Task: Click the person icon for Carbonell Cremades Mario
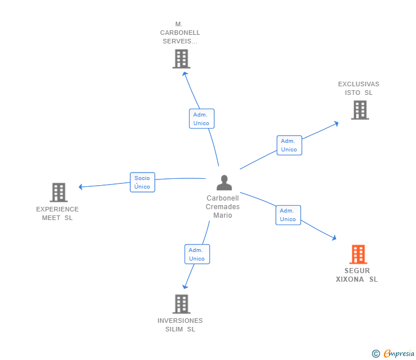pyautogui.click(x=224, y=183)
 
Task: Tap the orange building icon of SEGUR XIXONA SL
pyautogui.click(x=358, y=254)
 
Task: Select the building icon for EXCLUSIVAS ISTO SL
pyautogui.click(x=359, y=110)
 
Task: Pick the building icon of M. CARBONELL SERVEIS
pyautogui.click(x=181, y=59)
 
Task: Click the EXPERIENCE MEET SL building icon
pyautogui.click(x=58, y=193)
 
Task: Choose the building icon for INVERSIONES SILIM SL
pyautogui.click(x=181, y=304)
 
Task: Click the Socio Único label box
pyautogui.click(x=142, y=182)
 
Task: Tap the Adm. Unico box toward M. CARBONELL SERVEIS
pyautogui.click(x=201, y=119)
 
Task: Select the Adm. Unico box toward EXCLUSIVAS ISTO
pyautogui.click(x=289, y=145)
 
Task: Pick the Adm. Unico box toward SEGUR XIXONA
pyautogui.click(x=288, y=215)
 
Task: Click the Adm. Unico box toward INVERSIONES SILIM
pyautogui.click(x=197, y=254)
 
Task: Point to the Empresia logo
pyautogui.click(x=399, y=354)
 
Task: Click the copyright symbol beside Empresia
pyautogui.click(x=375, y=354)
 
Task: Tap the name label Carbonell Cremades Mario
pyautogui.click(x=223, y=207)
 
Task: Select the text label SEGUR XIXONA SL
pyautogui.click(x=357, y=275)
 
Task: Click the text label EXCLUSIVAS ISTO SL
pyautogui.click(x=358, y=88)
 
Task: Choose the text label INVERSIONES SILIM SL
pyautogui.click(x=180, y=325)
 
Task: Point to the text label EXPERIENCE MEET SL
pyautogui.click(x=57, y=213)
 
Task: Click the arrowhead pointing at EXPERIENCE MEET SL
pyautogui.click(x=81, y=187)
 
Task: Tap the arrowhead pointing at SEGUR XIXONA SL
pyautogui.click(x=335, y=238)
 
